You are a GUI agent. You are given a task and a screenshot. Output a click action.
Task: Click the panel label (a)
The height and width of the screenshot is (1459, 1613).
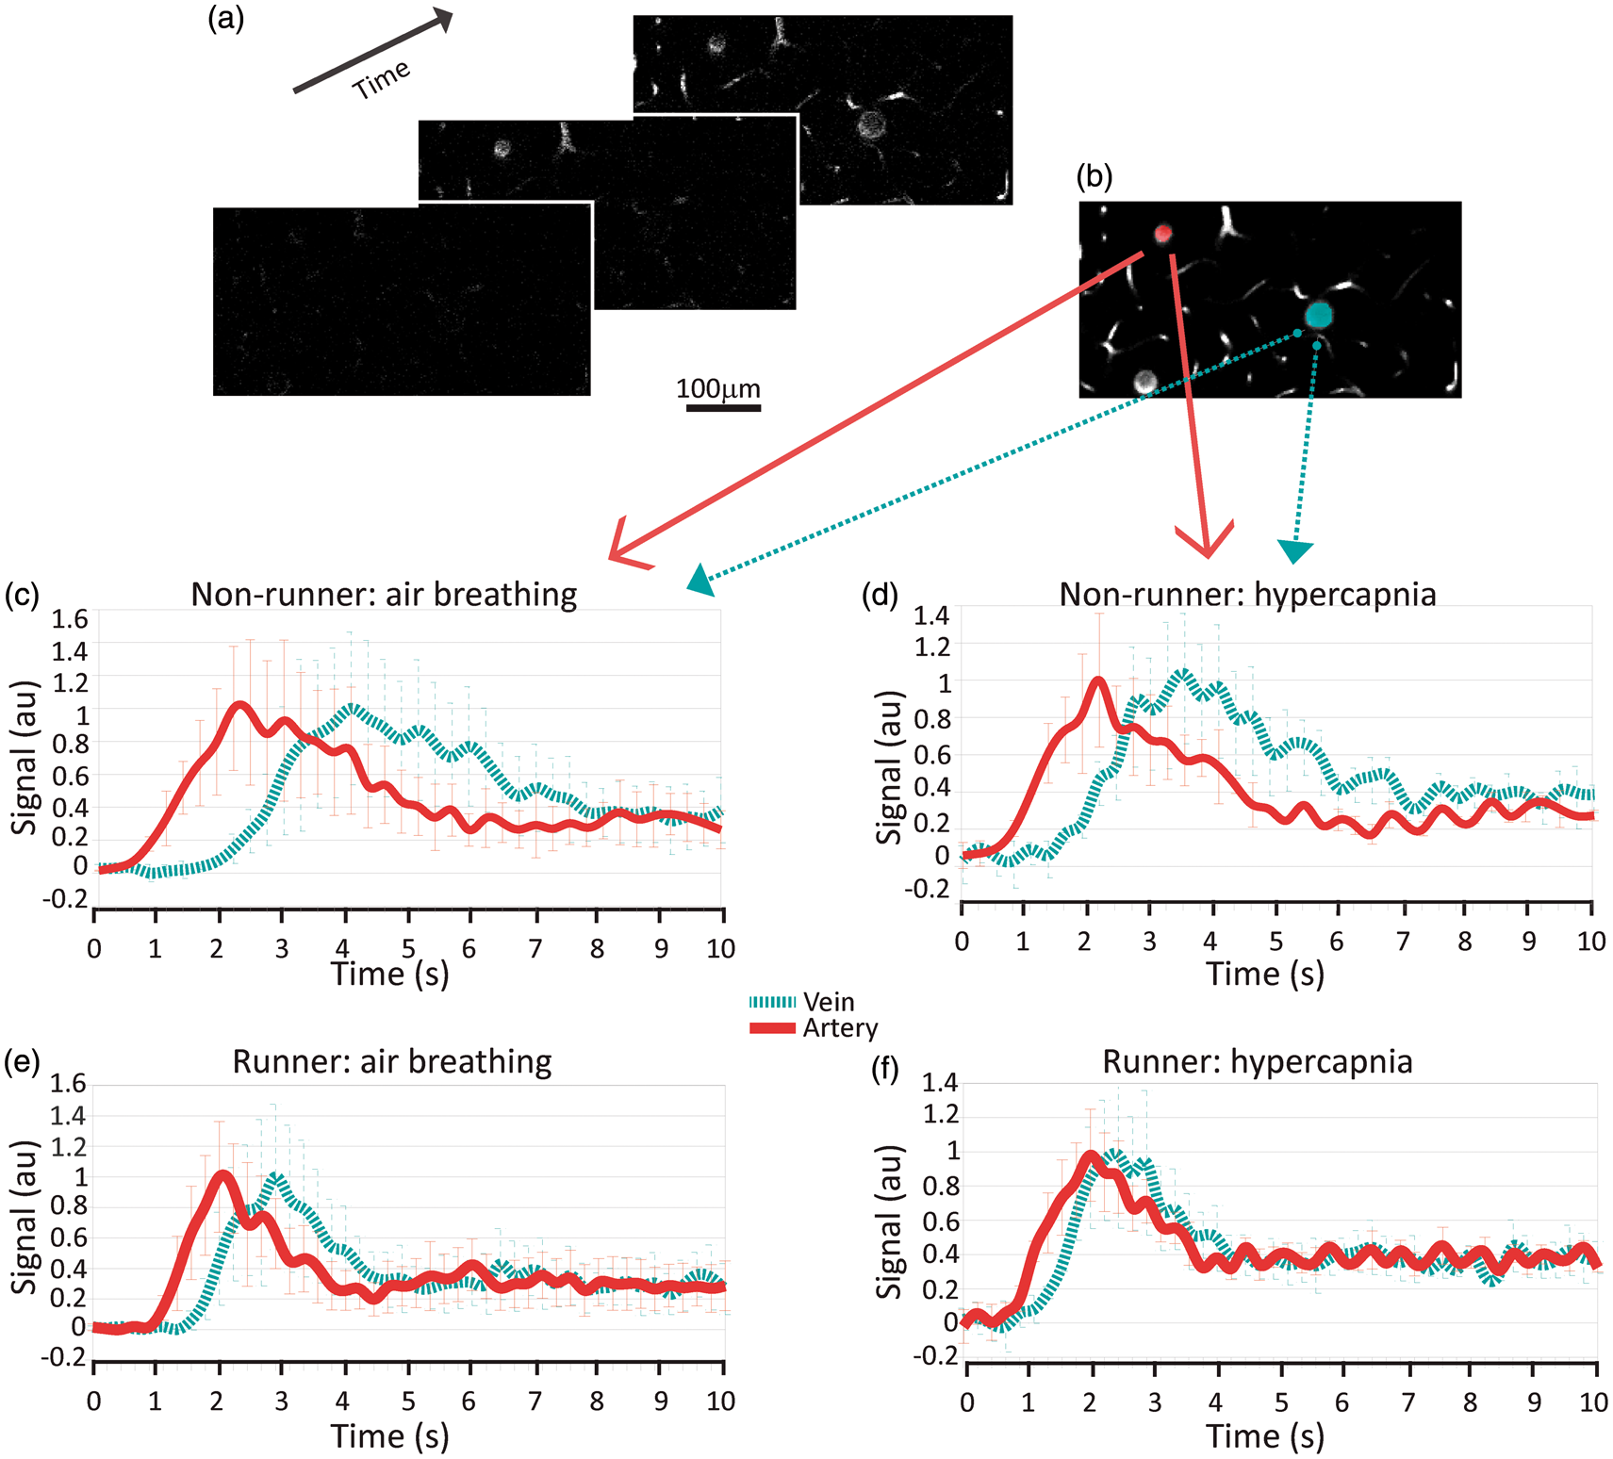[226, 19]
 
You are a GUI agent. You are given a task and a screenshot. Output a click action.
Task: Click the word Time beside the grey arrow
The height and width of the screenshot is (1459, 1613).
[381, 79]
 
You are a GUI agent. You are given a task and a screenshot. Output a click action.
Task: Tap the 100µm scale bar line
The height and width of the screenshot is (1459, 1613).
[723, 408]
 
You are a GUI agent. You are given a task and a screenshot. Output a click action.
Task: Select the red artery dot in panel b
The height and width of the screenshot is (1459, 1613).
[1163, 233]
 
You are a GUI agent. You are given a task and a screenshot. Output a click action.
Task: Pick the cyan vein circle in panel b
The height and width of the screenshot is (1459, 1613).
[1319, 314]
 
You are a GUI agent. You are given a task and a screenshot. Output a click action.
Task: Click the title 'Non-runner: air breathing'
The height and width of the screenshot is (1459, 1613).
[384, 595]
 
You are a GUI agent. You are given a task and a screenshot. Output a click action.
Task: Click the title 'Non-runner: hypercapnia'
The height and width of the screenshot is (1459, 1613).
[1247, 595]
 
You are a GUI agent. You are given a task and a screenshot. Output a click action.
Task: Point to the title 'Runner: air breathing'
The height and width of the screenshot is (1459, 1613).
[391, 1061]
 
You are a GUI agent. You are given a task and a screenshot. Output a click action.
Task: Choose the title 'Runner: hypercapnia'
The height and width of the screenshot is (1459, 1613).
[1257, 1061]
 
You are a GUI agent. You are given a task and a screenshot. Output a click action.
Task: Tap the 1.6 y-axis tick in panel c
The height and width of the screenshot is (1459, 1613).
[70, 619]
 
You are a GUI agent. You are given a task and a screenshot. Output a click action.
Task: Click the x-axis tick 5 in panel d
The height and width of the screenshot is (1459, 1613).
[1276, 941]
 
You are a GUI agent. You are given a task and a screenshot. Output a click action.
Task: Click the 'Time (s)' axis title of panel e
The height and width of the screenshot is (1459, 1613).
[389, 1435]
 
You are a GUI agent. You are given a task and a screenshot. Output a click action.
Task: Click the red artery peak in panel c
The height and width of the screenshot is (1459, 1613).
[239, 704]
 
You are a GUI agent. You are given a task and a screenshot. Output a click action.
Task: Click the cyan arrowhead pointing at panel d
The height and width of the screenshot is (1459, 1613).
[1295, 550]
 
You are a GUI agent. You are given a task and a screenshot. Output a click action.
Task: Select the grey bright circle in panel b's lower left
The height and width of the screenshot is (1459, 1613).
[1144, 381]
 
